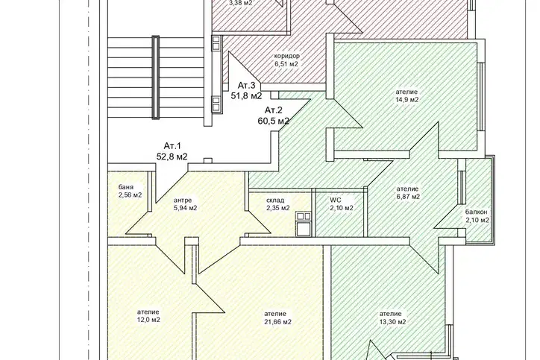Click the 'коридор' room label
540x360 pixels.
tap(286, 56)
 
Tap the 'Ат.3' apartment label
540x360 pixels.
tap(247, 86)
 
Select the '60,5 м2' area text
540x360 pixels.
tap(274, 121)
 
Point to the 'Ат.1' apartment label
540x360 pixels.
tap(172, 145)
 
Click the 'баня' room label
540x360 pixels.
tap(126, 187)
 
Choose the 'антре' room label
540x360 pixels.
tap(183, 200)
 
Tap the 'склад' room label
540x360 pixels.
tap(275, 200)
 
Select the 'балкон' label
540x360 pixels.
tap(477, 212)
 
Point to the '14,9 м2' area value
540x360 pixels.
tap(406, 100)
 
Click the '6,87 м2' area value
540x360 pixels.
tap(408, 197)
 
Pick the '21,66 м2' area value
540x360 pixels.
tap(277, 322)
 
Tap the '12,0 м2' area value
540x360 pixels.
tap(148, 320)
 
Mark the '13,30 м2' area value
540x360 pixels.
tap(392, 322)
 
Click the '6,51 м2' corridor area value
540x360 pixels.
tap(286, 64)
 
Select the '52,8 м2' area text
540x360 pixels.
tap(172, 157)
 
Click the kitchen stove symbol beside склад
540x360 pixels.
tap(304, 224)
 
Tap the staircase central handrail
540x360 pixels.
tap(156, 78)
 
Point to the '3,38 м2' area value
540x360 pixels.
tap(241, 3)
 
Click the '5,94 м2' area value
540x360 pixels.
tap(186, 208)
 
